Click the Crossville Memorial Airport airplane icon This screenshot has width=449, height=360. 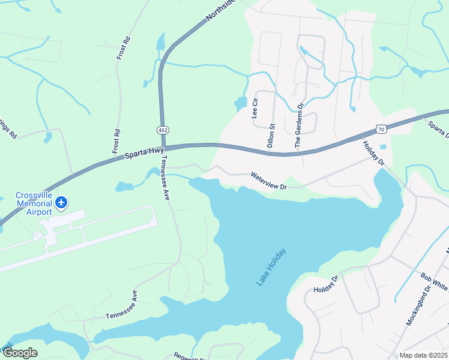[x=61, y=203]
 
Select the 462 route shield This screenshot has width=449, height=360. [x=163, y=130]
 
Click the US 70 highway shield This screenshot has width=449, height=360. [x=381, y=128]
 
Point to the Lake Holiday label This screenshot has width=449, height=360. [x=271, y=266]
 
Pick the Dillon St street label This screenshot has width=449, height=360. [x=271, y=136]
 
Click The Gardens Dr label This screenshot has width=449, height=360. [x=298, y=125]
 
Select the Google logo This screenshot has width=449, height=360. [x=19, y=353]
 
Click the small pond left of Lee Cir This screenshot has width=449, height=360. [x=240, y=104]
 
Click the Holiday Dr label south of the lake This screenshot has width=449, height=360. [x=327, y=285]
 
